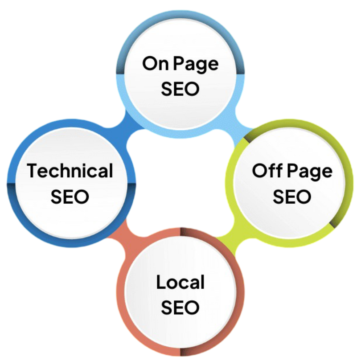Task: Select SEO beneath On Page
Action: coord(180,89)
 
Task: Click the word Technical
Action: coord(70,171)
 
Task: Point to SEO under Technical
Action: coord(70,196)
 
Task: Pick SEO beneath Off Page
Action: coord(291,196)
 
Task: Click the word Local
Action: coord(180,282)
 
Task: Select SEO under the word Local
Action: coord(180,307)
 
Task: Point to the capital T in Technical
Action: coord(32,171)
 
